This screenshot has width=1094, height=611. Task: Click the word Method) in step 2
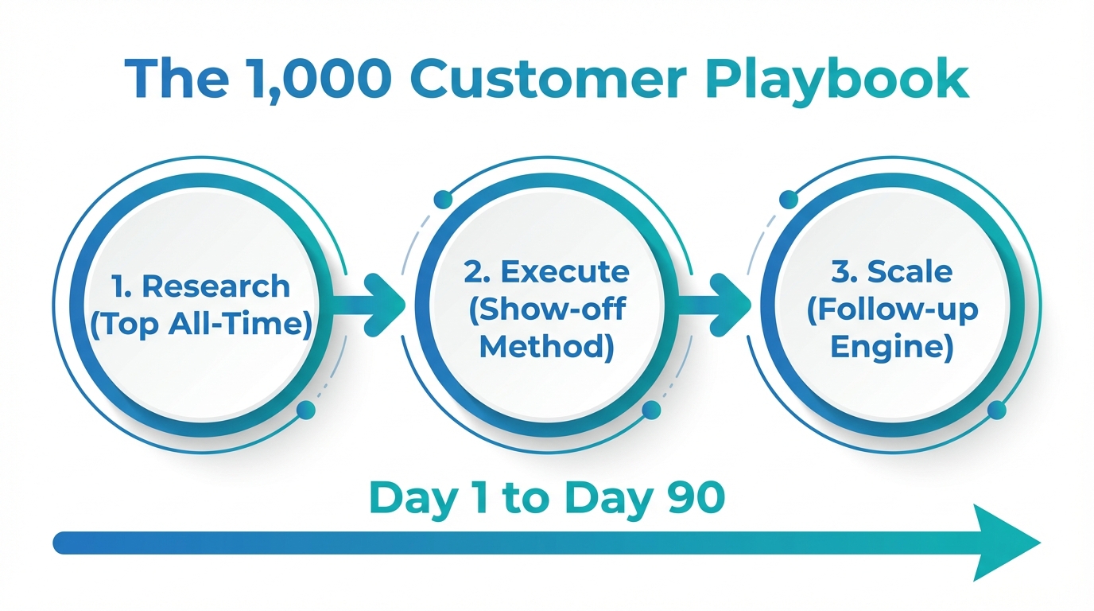(547, 348)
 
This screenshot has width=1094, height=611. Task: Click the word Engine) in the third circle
(891, 348)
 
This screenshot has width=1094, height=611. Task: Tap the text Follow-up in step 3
(891, 310)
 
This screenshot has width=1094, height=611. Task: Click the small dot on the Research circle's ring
(305, 410)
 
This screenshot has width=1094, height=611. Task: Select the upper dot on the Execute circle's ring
(443, 200)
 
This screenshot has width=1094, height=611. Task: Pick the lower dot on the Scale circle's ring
(996, 410)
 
